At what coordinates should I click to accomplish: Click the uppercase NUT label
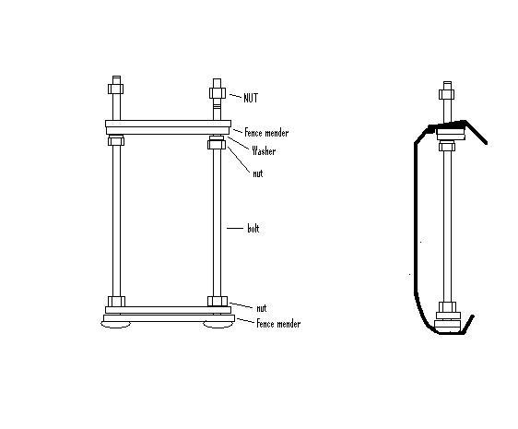click(x=251, y=98)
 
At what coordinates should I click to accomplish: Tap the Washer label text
click(x=264, y=150)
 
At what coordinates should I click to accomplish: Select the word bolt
click(x=253, y=229)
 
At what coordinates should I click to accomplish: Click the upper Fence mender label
click(x=266, y=133)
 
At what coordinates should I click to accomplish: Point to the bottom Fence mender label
click(x=278, y=324)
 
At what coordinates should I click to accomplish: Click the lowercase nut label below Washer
click(x=258, y=173)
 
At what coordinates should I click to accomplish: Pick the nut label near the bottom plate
click(x=262, y=308)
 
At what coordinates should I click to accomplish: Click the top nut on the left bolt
click(x=115, y=89)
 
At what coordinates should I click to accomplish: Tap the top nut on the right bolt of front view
click(x=218, y=93)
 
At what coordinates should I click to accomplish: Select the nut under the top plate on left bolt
click(x=116, y=141)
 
